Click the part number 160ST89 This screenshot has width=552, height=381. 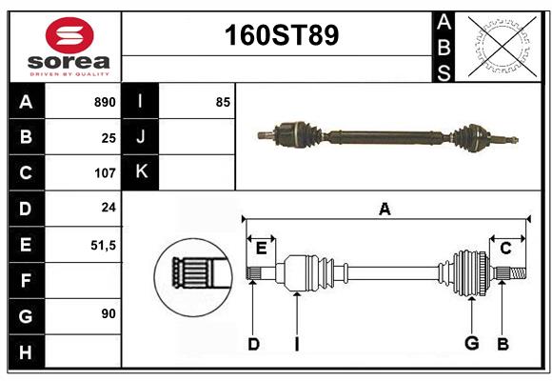[x=280, y=36]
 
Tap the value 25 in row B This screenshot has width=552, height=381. [x=108, y=137]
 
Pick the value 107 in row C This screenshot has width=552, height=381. [x=105, y=173]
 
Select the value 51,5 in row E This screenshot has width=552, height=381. [x=103, y=245]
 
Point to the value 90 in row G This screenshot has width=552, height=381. [x=108, y=312]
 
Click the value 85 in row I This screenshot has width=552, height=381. [x=223, y=102]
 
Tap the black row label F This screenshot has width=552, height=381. [x=26, y=281]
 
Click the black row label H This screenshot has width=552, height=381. [x=26, y=351]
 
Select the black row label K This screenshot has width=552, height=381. [x=141, y=172]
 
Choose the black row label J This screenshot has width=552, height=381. [x=141, y=137]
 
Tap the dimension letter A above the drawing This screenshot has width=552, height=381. [x=384, y=209]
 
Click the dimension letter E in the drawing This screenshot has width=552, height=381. [x=261, y=249]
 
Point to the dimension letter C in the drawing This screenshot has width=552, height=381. [x=505, y=249]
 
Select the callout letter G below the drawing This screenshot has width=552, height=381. [x=471, y=344]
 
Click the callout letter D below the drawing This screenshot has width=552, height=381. [x=253, y=344]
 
